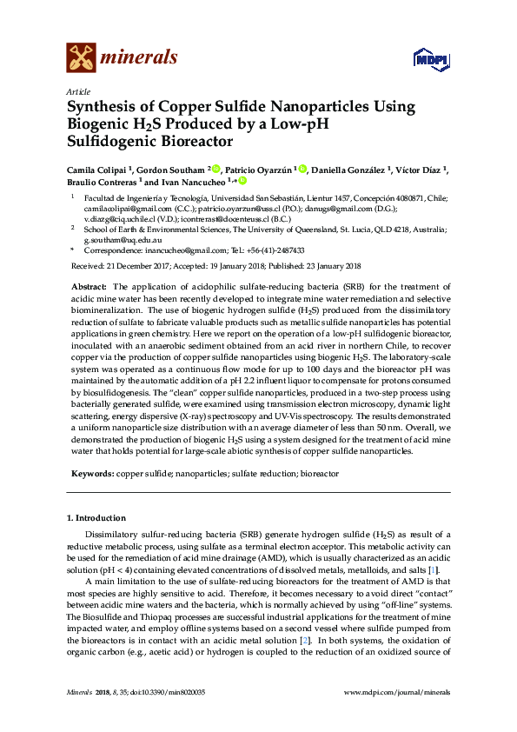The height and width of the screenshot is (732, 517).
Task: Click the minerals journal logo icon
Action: pos(81,57)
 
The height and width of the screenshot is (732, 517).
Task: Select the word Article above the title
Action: pos(77,91)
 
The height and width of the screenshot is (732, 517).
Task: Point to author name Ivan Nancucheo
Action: pos(192,183)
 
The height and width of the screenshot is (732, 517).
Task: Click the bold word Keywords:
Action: pos(91,473)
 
